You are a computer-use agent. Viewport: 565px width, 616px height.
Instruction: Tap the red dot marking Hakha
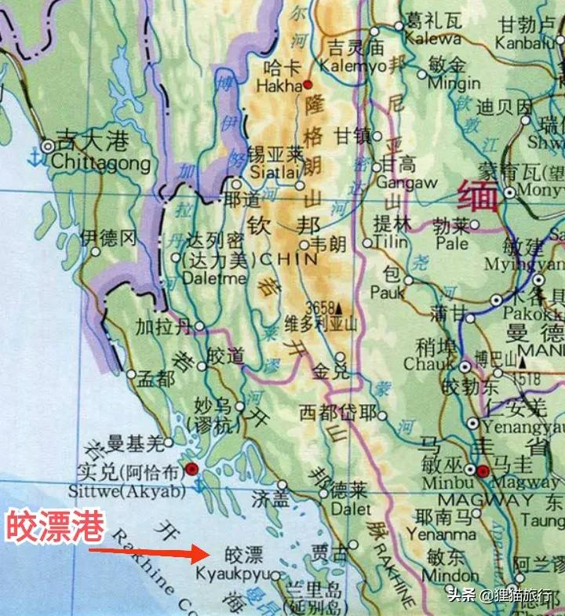pos(308,84)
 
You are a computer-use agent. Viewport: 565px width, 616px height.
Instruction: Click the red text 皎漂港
pos(55,527)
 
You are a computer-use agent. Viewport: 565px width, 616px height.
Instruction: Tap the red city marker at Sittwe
pos(192,470)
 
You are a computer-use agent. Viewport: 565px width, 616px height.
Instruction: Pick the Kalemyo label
pos(355,66)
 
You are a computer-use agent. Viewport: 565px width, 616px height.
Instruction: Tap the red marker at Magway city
pos(483,470)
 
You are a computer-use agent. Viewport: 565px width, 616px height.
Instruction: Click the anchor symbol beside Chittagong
pos(34,157)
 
